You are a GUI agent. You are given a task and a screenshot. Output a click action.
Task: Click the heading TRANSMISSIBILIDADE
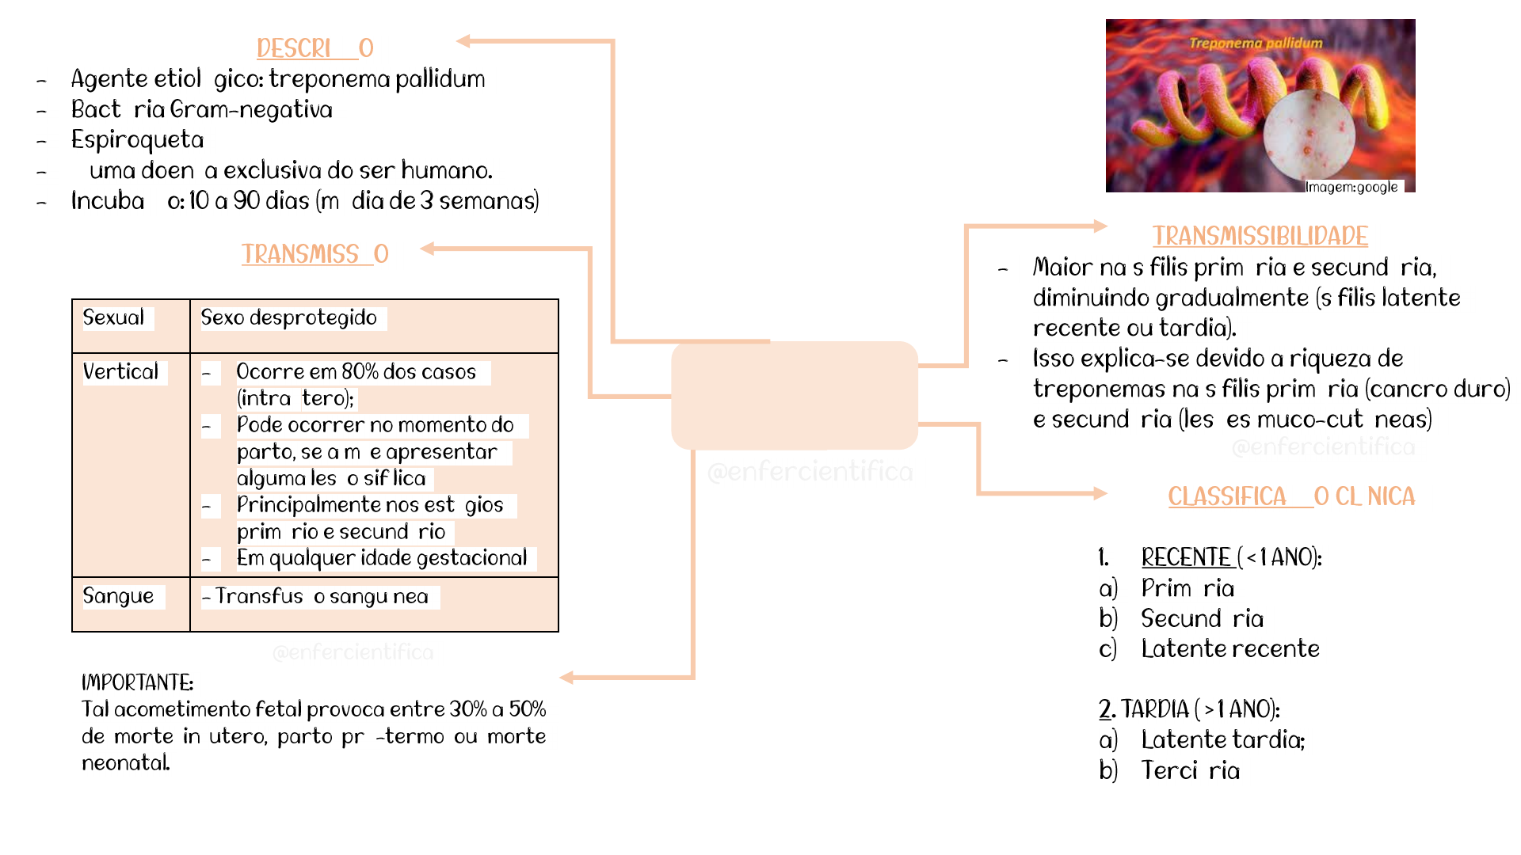1260,236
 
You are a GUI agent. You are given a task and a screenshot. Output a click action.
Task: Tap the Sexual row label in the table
113,317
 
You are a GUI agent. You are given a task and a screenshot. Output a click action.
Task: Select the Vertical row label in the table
120,371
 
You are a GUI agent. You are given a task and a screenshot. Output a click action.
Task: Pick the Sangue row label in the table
118,596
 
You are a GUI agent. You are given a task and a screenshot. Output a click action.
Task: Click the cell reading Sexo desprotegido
288,317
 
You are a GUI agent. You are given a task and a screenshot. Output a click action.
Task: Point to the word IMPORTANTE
137,682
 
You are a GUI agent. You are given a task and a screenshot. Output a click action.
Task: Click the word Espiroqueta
137,139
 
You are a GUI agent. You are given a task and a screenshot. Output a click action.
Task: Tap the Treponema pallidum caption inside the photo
1256,43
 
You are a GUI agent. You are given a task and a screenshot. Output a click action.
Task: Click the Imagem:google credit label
1351,187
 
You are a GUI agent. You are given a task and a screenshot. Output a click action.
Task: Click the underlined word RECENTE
1185,557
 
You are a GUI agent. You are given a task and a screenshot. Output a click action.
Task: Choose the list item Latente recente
1229,648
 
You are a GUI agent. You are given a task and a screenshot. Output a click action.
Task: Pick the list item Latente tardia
1222,739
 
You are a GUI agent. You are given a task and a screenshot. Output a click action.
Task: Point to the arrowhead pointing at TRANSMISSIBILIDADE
1100,226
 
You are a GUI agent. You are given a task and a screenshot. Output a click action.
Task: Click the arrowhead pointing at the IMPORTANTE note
566,677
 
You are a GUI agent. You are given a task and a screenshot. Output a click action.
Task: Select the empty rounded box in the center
794,395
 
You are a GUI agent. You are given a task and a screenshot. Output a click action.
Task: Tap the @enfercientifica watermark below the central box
810,472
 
